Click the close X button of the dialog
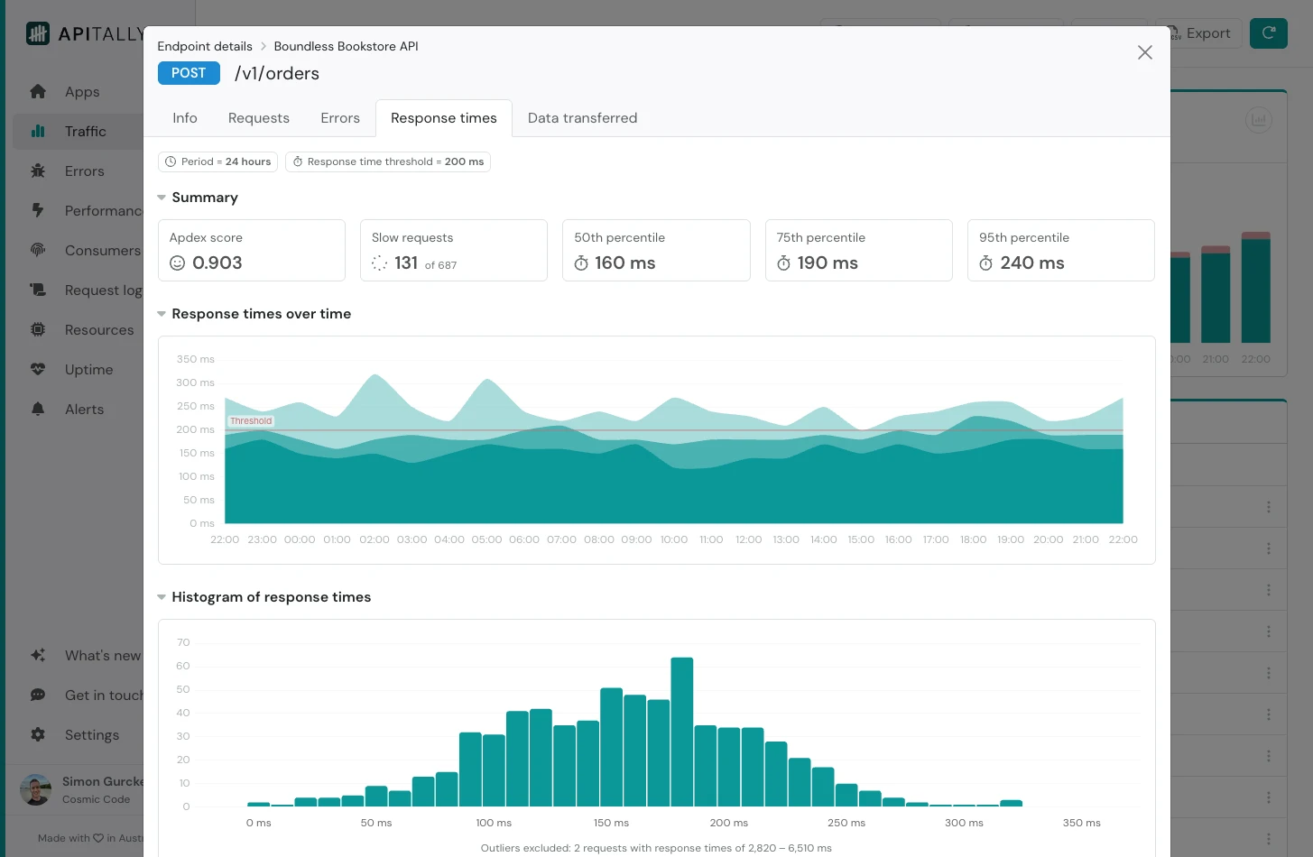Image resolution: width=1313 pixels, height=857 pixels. pos(1144,52)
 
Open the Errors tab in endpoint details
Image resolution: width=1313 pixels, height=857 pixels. pos(339,118)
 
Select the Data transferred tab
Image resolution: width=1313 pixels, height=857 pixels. pos(582,118)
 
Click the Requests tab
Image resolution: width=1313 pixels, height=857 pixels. pos(258,118)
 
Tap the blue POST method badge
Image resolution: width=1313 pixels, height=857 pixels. pos(189,73)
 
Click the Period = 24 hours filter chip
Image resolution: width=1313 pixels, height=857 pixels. pos(217,161)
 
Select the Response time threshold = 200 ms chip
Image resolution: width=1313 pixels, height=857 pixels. pos(388,161)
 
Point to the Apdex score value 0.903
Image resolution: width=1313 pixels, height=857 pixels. pos(217,263)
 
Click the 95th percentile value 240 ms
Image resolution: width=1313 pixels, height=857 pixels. pos(1031,263)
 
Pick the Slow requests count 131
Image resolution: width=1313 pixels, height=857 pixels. pos(406,263)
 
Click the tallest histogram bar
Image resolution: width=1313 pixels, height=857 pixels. pos(682,731)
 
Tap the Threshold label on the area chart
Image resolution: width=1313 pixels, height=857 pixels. pos(251,421)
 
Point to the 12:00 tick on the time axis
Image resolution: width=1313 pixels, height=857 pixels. pos(748,539)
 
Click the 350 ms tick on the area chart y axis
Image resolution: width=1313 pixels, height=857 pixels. pos(195,359)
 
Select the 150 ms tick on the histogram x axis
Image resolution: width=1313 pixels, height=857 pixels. pos(611,823)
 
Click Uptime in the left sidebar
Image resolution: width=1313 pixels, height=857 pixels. pos(88,370)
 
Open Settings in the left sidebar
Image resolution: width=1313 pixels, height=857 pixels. pos(91,735)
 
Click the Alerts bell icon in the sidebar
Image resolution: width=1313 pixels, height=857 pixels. pos(38,410)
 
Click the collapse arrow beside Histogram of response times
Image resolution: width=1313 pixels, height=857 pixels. pos(162,597)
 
